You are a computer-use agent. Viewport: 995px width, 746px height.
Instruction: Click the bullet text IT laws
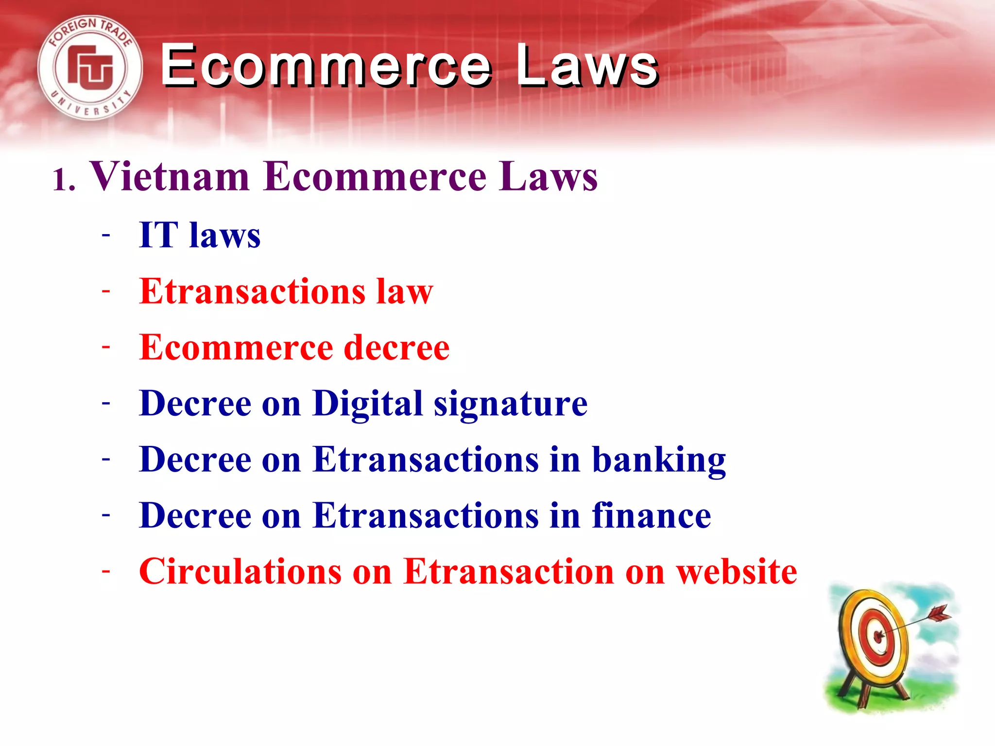pyautogui.click(x=200, y=236)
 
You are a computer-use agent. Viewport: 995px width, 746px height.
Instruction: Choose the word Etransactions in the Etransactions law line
pyautogui.click(x=252, y=291)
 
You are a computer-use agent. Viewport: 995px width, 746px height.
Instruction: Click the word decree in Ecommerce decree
pyautogui.click(x=396, y=348)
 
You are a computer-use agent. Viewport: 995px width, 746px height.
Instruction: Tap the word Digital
pyautogui.click(x=368, y=404)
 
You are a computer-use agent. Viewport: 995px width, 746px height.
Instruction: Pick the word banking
pyautogui.click(x=659, y=460)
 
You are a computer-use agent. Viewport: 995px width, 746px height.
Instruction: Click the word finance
pyautogui.click(x=651, y=515)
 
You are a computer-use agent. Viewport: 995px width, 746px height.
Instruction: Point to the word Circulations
pyautogui.click(x=240, y=572)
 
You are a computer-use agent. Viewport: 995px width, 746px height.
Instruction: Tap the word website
pyautogui.click(x=737, y=572)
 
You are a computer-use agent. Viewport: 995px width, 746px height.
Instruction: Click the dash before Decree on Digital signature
pyautogui.click(x=106, y=403)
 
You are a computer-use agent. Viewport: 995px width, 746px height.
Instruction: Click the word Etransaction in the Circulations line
pyautogui.click(x=509, y=572)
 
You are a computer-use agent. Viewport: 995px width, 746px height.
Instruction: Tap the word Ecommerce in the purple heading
pyautogui.click(x=375, y=176)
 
